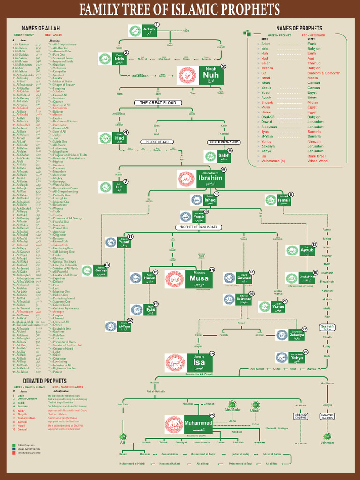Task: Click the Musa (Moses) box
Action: click(199, 278)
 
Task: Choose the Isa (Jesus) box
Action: click(199, 362)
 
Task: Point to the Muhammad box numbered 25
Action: click(198, 423)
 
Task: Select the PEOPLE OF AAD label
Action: click(157, 142)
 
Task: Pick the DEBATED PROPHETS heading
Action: click(38, 381)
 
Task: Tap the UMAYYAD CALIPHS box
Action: click(327, 416)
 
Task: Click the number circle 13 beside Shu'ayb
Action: click(106, 265)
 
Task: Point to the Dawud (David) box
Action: click(244, 278)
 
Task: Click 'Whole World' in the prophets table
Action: click(317, 161)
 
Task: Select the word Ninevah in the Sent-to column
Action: click(314, 141)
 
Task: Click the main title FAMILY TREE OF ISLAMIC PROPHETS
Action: click(180, 9)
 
